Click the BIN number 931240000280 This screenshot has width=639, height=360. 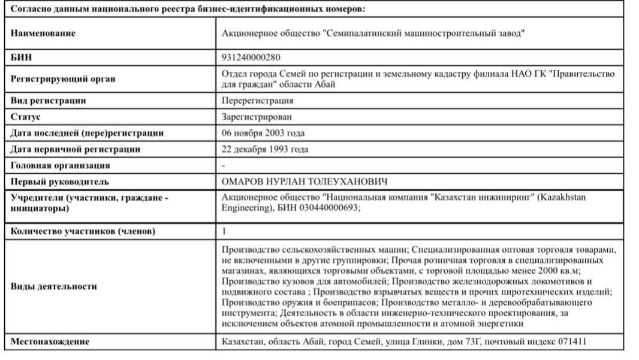click(x=251, y=58)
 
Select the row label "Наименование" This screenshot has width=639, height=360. click(x=43, y=34)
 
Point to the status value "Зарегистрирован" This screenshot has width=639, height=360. click(x=257, y=117)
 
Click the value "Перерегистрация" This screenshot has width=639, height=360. click(x=257, y=101)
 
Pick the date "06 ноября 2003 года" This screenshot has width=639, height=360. click(x=263, y=133)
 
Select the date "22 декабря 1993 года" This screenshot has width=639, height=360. click(x=265, y=149)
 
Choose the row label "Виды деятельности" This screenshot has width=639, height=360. click(x=54, y=286)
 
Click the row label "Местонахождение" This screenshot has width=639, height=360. click(x=50, y=341)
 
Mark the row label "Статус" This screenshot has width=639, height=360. click(x=26, y=117)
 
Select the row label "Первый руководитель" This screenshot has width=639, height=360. click(x=60, y=181)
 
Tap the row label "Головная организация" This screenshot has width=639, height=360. click(x=61, y=165)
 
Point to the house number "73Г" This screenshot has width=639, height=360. click(x=471, y=341)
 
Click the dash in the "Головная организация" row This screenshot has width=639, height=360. click(x=224, y=165)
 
